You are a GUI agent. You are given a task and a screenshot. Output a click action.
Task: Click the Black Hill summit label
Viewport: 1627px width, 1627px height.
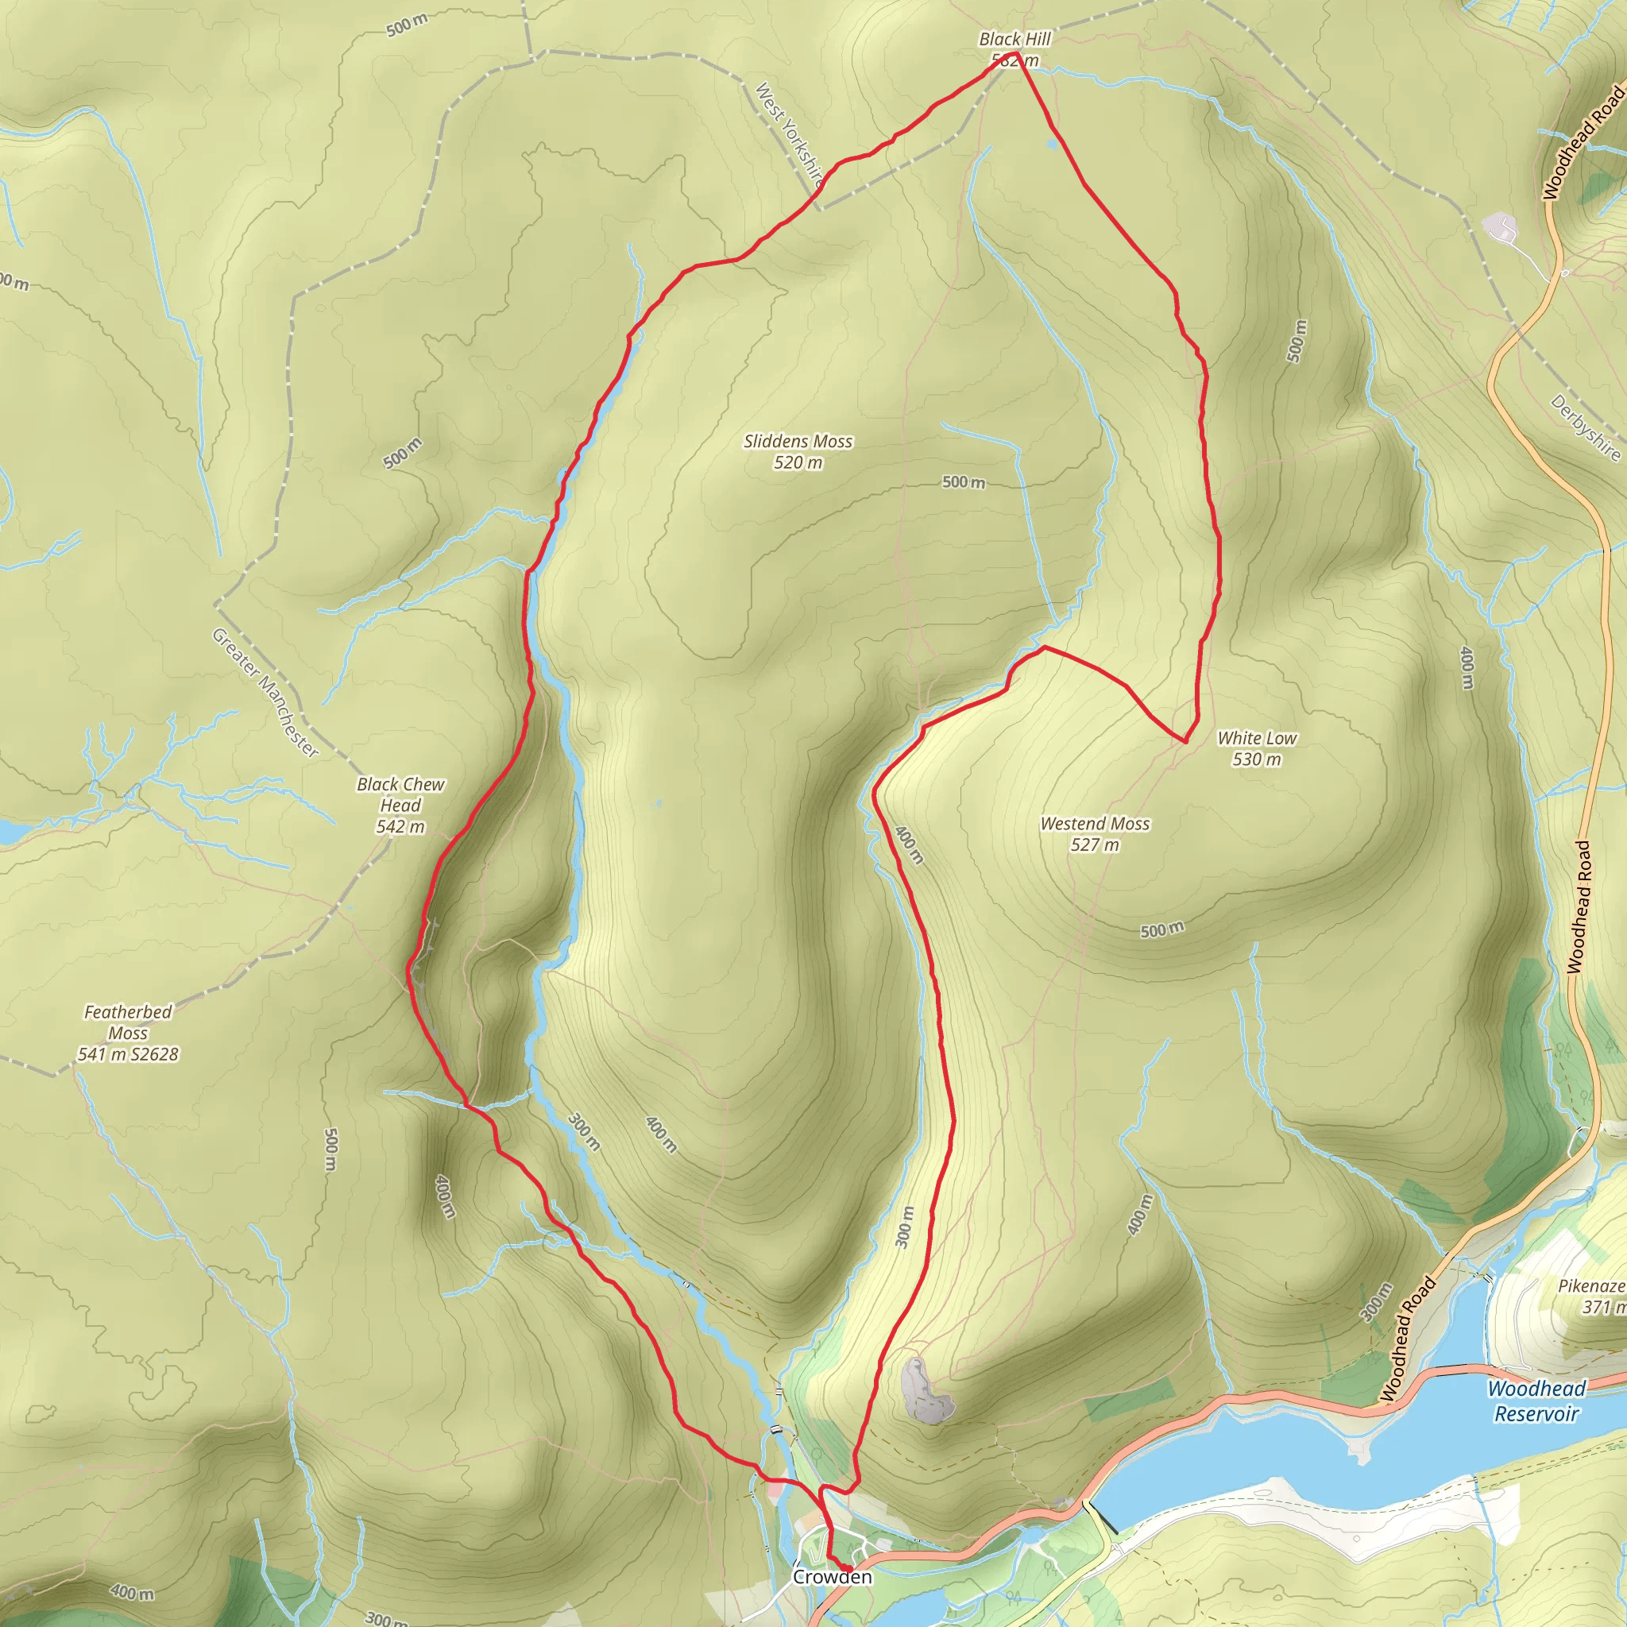click(x=1014, y=48)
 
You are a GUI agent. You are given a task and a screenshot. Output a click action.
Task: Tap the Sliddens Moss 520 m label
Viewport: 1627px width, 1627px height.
click(x=798, y=451)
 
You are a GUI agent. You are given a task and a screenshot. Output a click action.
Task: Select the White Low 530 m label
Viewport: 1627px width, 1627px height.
click(x=1257, y=748)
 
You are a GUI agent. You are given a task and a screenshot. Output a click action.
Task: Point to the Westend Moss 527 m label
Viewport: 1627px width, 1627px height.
click(x=1095, y=833)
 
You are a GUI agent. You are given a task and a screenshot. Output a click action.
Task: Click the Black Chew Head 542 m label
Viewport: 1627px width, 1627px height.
click(x=400, y=805)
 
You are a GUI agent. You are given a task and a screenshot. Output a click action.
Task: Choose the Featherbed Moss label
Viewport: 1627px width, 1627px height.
click(x=128, y=1033)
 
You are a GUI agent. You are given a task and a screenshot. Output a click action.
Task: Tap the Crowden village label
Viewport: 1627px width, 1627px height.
click(x=832, y=1576)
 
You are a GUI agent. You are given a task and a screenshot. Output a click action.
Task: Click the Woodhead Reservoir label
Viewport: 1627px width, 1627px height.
click(x=1536, y=1401)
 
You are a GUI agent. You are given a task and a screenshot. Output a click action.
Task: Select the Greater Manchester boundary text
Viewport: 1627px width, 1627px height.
click(x=265, y=693)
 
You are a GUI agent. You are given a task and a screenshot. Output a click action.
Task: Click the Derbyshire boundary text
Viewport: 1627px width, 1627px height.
click(x=1585, y=428)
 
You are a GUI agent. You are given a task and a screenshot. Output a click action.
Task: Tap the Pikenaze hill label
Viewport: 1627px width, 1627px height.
click(x=1591, y=1296)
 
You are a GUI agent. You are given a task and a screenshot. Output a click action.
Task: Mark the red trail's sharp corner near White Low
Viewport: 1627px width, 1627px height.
click(x=1186, y=742)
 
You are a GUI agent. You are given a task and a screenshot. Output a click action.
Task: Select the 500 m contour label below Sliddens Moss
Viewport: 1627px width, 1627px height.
click(x=963, y=482)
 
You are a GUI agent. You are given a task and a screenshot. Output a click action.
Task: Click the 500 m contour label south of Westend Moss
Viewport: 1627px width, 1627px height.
click(x=1161, y=929)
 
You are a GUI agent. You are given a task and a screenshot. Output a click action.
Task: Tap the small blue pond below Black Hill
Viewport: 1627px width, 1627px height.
click(x=1051, y=145)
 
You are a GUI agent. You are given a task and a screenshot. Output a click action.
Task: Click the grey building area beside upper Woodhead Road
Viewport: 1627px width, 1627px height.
click(x=1499, y=226)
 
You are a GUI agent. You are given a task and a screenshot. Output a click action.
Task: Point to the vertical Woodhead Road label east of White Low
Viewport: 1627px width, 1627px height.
click(x=1580, y=908)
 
